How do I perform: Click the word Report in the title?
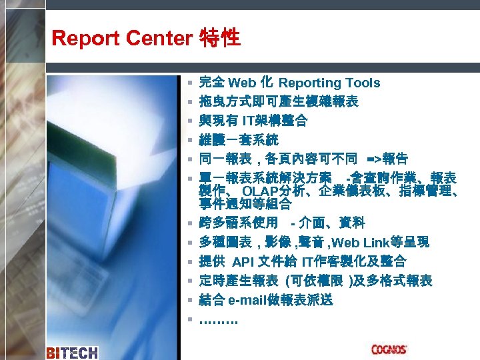tap(78, 38)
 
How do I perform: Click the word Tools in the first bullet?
tap(361, 83)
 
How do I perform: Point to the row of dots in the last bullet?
tap(218, 319)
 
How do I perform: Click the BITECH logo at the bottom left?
tap(72, 352)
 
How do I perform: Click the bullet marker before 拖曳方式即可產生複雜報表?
tap(190, 102)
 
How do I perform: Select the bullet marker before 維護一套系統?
tap(190, 141)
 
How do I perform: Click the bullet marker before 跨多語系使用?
tap(190, 223)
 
